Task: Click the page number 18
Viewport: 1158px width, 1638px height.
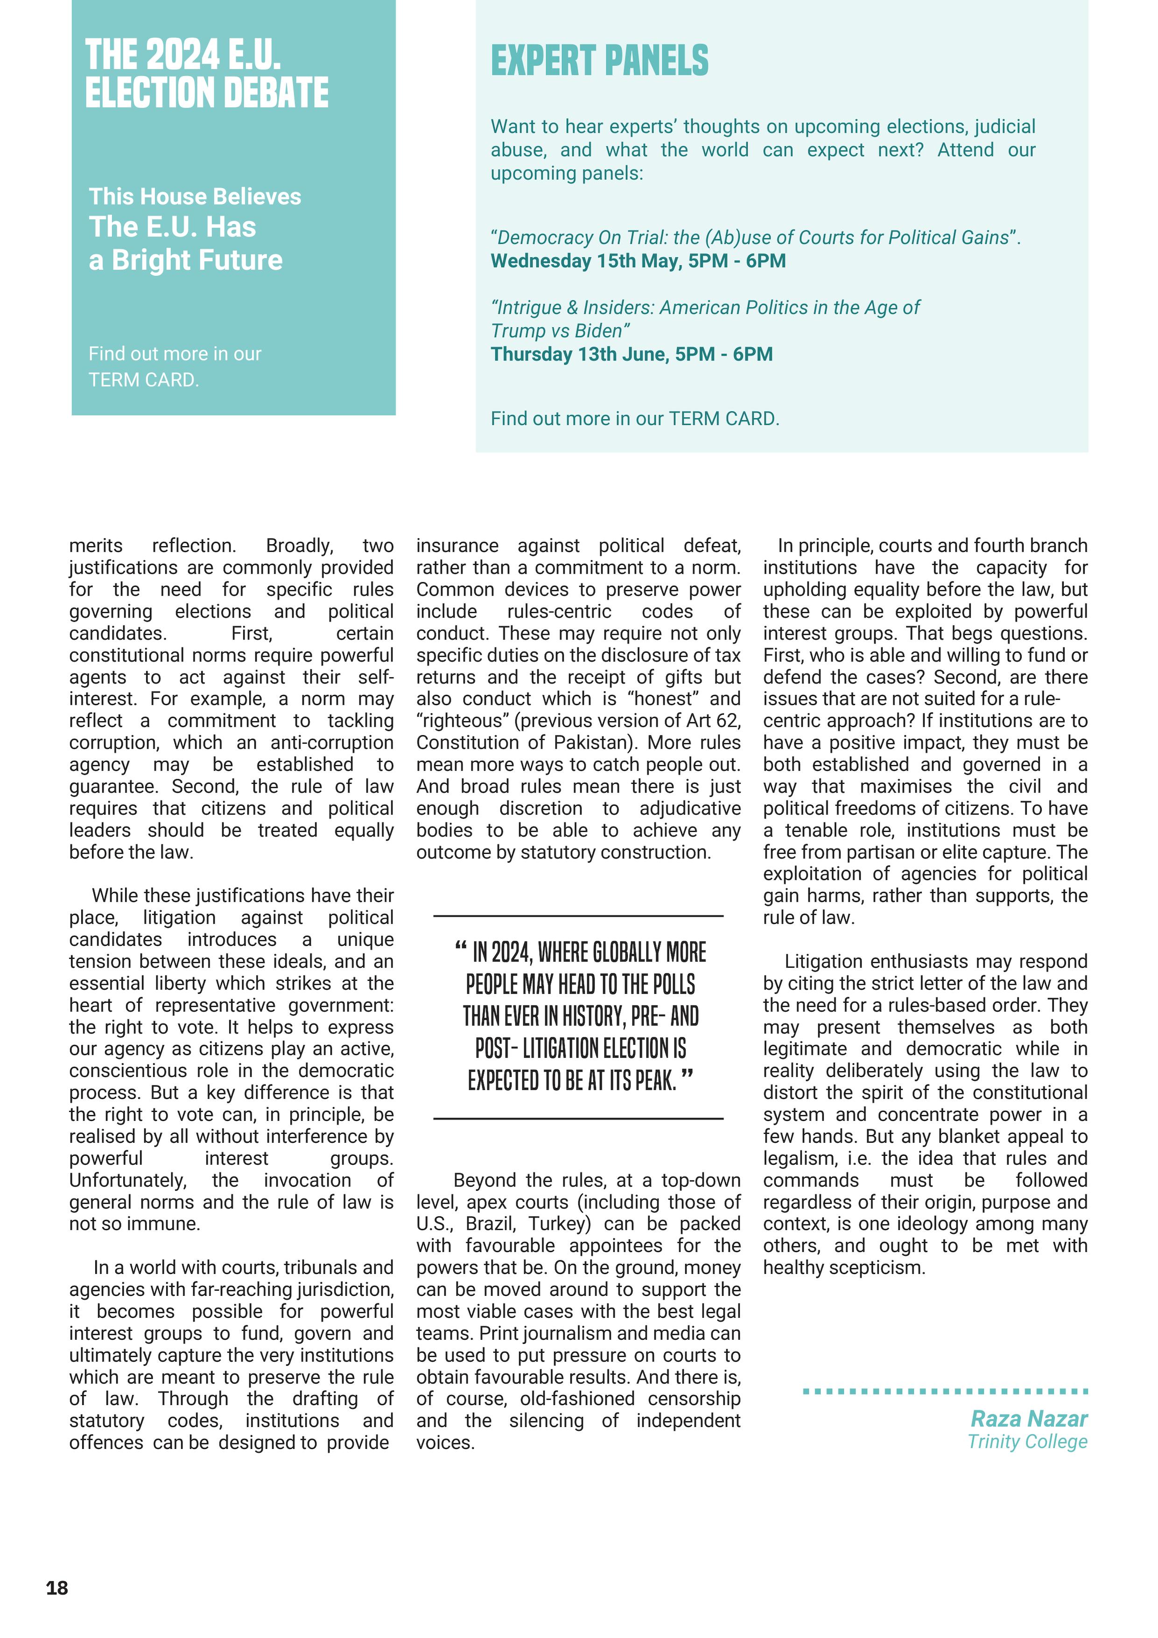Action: tap(57, 1587)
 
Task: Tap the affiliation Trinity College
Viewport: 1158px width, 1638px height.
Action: tap(1027, 1442)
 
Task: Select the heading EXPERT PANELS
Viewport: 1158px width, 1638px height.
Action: tap(599, 61)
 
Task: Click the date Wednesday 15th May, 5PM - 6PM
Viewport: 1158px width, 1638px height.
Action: tap(638, 261)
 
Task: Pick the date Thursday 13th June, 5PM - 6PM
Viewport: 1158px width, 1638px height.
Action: tap(632, 355)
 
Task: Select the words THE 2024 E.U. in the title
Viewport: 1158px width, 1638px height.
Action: tap(182, 55)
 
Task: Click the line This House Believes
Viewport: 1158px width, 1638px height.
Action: tap(195, 196)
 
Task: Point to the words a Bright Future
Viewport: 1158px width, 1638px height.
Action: tap(185, 260)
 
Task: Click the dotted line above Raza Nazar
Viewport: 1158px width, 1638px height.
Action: tap(945, 1391)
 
